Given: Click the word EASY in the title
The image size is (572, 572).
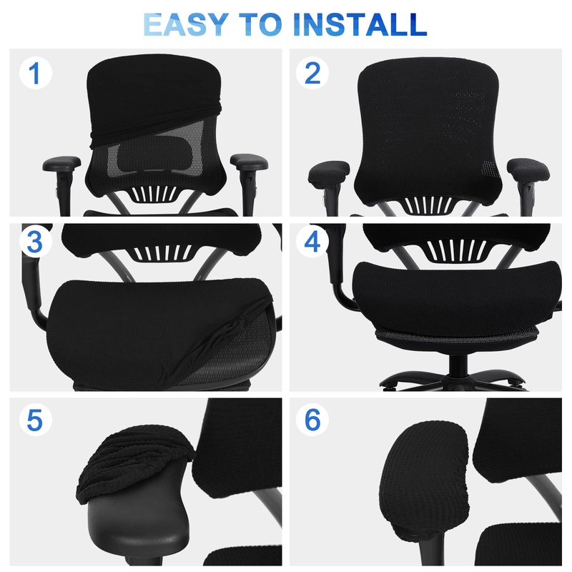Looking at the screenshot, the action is tap(186, 24).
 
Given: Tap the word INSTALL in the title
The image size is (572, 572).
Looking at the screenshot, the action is tap(360, 24).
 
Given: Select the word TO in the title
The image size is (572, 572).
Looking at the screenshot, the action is tap(260, 24).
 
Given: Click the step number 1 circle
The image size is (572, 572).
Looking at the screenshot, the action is tap(35, 73).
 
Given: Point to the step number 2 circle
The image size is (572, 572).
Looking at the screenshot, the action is tap(312, 73).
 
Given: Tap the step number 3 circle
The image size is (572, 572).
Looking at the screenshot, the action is tap(35, 241).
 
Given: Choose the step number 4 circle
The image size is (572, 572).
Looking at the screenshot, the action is tap(312, 241).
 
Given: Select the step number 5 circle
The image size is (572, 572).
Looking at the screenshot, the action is tap(35, 420).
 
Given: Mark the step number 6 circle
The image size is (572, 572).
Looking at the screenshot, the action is tap(312, 420).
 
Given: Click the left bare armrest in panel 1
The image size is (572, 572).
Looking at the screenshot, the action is tap(61, 164).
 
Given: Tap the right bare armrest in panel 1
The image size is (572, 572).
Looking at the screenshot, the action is tap(249, 162).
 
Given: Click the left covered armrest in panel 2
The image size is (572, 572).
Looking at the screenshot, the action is tap(329, 172).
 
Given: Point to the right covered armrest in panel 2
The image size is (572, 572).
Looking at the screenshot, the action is tap(528, 169).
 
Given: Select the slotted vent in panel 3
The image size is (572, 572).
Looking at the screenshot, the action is tap(162, 252).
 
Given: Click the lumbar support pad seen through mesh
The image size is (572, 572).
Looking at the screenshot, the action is tap(154, 153).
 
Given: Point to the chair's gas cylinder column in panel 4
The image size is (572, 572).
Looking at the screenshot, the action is tap(458, 365).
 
